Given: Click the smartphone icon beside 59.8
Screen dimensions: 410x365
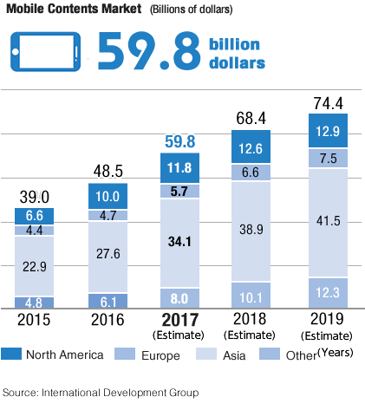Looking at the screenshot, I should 48,52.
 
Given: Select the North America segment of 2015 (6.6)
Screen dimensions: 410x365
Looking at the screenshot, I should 35,216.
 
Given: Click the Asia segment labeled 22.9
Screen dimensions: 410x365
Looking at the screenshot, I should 35,266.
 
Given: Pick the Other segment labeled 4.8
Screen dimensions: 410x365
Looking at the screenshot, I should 35,303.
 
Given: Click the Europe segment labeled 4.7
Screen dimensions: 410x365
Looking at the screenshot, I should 108,215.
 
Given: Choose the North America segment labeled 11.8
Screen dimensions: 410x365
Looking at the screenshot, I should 180,168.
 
